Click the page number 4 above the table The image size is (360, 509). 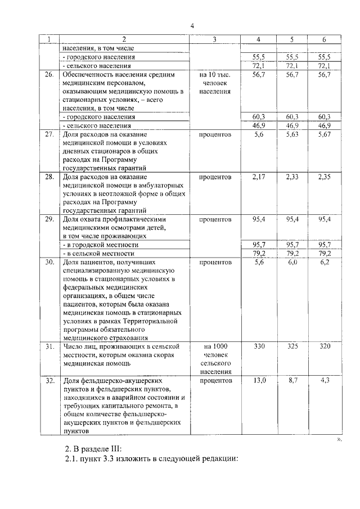[x=192, y=26]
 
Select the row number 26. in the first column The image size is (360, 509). [x=49, y=74]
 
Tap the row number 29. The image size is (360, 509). [x=49, y=219]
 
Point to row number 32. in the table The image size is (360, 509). [x=49, y=381]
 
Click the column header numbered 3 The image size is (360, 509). [x=214, y=39]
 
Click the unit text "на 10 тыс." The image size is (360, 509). [x=214, y=74]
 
